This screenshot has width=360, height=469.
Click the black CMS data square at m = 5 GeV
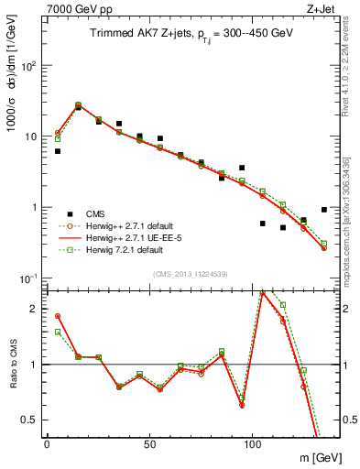pyautogui.click(x=57, y=151)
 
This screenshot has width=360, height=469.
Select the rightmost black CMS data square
pyautogui.click(x=324, y=210)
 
